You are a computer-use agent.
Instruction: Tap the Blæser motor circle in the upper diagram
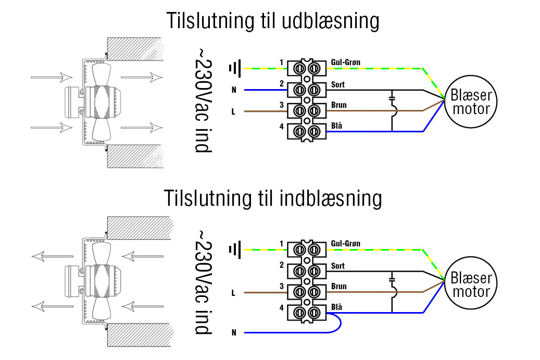tap(470, 102)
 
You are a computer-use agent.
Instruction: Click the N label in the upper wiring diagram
tap(234, 90)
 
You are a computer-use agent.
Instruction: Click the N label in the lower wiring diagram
tap(234, 332)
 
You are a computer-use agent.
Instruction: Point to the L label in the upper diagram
tap(234, 111)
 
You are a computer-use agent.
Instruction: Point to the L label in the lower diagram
tap(234, 293)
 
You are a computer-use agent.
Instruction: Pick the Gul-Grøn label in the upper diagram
tap(345, 63)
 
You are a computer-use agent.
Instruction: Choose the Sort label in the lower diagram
tap(337, 266)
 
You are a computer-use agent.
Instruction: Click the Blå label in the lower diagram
tap(336, 307)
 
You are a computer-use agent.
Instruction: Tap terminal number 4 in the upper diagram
tap(281, 126)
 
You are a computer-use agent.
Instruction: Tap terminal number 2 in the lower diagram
tap(281, 265)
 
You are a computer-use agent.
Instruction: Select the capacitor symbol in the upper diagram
tap(393, 97)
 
